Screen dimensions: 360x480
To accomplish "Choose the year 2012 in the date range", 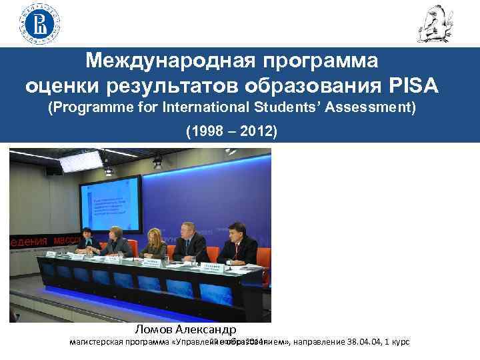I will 257,131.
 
